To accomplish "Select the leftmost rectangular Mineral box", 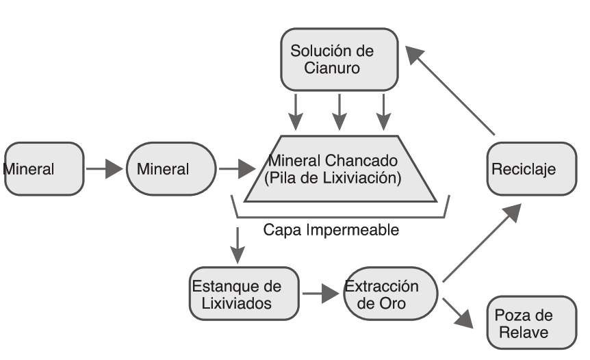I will (44, 168).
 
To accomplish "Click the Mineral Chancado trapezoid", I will (340, 169).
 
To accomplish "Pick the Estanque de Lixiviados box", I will (244, 294).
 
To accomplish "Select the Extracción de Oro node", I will (389, 294).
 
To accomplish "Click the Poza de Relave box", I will (531, 322).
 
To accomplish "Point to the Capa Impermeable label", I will (331, 230).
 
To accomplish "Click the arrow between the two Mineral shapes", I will (104, 168).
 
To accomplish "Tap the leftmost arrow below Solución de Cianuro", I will (295, 111).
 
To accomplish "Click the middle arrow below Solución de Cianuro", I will (339, 111).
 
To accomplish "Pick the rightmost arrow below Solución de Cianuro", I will (383, 111).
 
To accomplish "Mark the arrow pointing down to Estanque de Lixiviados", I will (237, 244).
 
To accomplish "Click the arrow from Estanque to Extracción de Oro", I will (321, 294).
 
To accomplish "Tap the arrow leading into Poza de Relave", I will (459, 311).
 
